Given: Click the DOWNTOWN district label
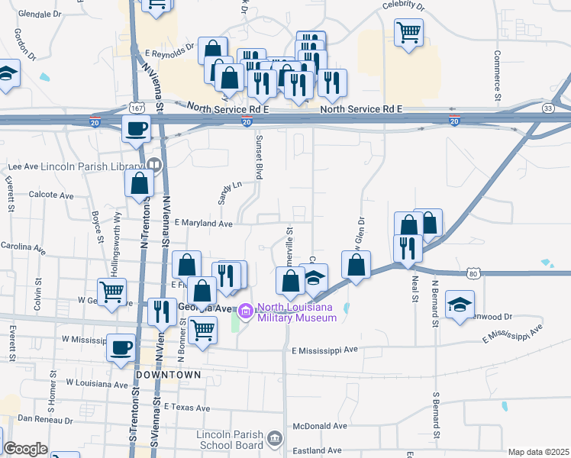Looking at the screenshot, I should click(168, 376).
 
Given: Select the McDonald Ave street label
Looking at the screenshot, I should click(321, 426).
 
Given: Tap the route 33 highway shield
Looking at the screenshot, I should click(548, 108).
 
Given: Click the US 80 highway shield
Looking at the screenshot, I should click(473, 273).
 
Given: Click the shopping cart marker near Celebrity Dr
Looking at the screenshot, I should click(409, 32).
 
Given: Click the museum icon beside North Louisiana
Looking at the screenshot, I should click(246, 310).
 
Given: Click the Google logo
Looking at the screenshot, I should click(25, 449).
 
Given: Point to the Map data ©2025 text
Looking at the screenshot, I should click(538, 452).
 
